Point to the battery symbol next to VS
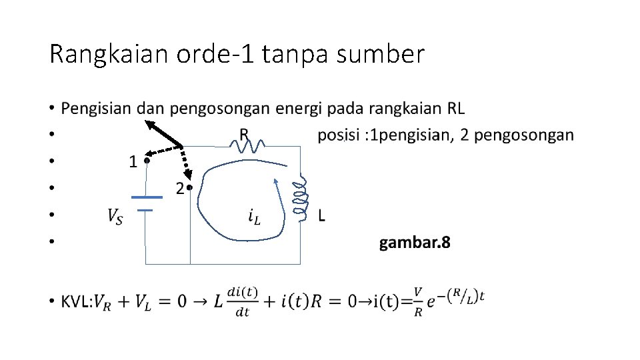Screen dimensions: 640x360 click(x=146, y=203)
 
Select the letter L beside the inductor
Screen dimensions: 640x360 click(x=322, y=215)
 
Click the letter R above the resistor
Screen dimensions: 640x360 click(x=244, y=134)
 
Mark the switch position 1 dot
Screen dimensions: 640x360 click(x=146, y=160)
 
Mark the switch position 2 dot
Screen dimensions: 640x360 click(x=190, y=187)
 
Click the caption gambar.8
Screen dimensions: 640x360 click(x=415, y=243)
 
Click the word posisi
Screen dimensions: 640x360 click(x=338, y=135)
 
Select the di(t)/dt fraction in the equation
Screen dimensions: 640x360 click(x=241, y=302)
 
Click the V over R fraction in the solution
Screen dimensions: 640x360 click(x=418, y=302)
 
